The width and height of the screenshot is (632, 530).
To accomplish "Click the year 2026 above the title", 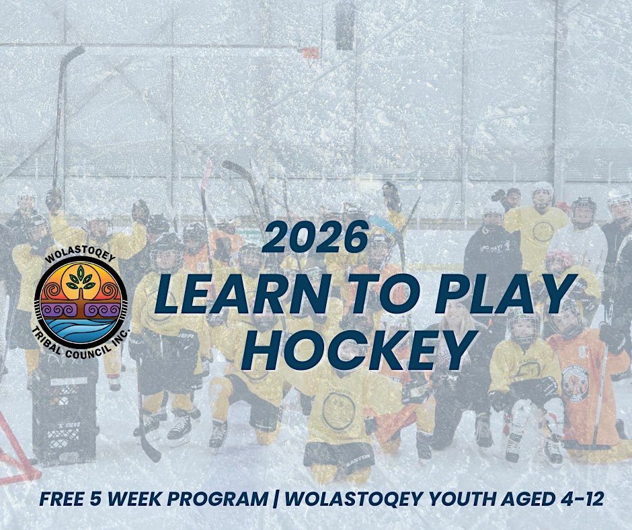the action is tap(316, 237).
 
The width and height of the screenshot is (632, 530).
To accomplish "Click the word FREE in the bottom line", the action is tap(60, 498).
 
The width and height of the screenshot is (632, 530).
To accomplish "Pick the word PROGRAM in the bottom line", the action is tap(218, 498).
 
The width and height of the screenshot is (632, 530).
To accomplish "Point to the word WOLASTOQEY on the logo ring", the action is tap(80, 258).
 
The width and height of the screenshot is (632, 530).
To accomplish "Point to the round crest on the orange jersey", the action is tap(575, 383).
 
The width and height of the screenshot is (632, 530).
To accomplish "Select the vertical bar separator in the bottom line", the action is tap(276, 498).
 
